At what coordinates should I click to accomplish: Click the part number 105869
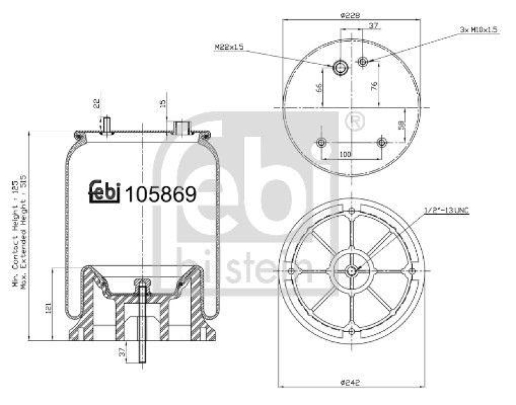pos(161,193)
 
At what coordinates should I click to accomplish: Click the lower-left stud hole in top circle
pos(321,142)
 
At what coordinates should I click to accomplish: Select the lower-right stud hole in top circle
pos(382,142)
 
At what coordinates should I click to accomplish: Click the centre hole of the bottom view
pos(350,270)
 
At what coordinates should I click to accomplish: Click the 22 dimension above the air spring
pos(97,103)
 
